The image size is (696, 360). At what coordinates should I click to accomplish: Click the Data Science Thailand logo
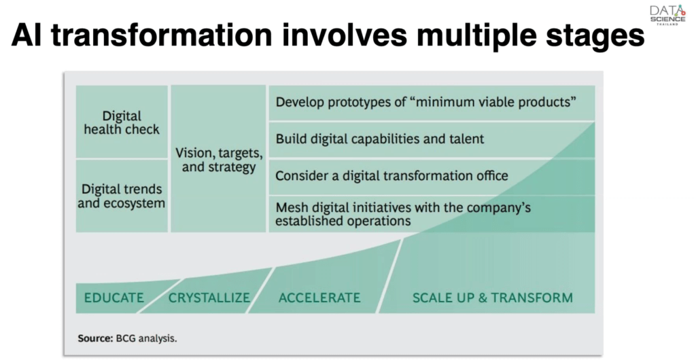(x=667, y=15)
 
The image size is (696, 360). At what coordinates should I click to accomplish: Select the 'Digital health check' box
(x=122, y=122)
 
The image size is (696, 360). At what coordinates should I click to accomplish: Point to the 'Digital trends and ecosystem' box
(x=122, y=196)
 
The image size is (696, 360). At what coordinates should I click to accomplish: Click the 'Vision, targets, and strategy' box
(x=218, y=159)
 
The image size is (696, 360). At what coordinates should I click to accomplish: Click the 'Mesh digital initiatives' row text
(x=402, y=214)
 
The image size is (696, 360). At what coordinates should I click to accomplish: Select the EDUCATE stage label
(x=114, y=298)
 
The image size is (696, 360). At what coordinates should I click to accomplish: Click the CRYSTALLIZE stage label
(x=209, y=298)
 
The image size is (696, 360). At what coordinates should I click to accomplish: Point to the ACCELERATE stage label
(x=319, y=298)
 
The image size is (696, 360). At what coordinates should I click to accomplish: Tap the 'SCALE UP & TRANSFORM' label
(x=493, y=298)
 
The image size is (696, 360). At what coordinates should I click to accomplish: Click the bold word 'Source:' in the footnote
(x=95, y=338)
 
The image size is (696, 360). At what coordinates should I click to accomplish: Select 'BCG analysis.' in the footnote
(x=147, y=338)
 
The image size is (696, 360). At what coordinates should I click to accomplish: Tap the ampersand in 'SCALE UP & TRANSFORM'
(x=483, y=298)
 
